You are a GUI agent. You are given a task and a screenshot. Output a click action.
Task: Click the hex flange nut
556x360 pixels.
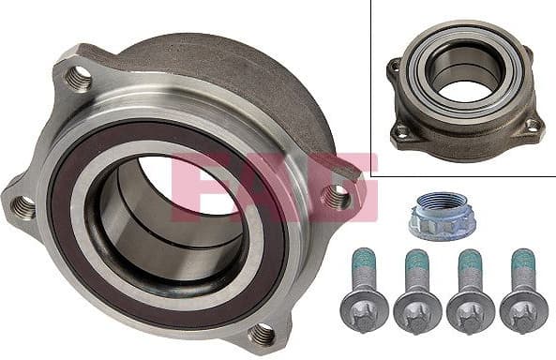[437, 215]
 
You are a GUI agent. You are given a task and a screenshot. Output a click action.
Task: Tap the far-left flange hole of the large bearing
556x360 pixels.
[23, 205]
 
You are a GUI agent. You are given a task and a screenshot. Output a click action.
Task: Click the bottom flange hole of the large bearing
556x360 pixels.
[263, 333]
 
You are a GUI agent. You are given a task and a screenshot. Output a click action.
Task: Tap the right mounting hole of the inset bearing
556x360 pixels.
[532, 124]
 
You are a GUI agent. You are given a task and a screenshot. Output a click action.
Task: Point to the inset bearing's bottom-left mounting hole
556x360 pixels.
[402, 130]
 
